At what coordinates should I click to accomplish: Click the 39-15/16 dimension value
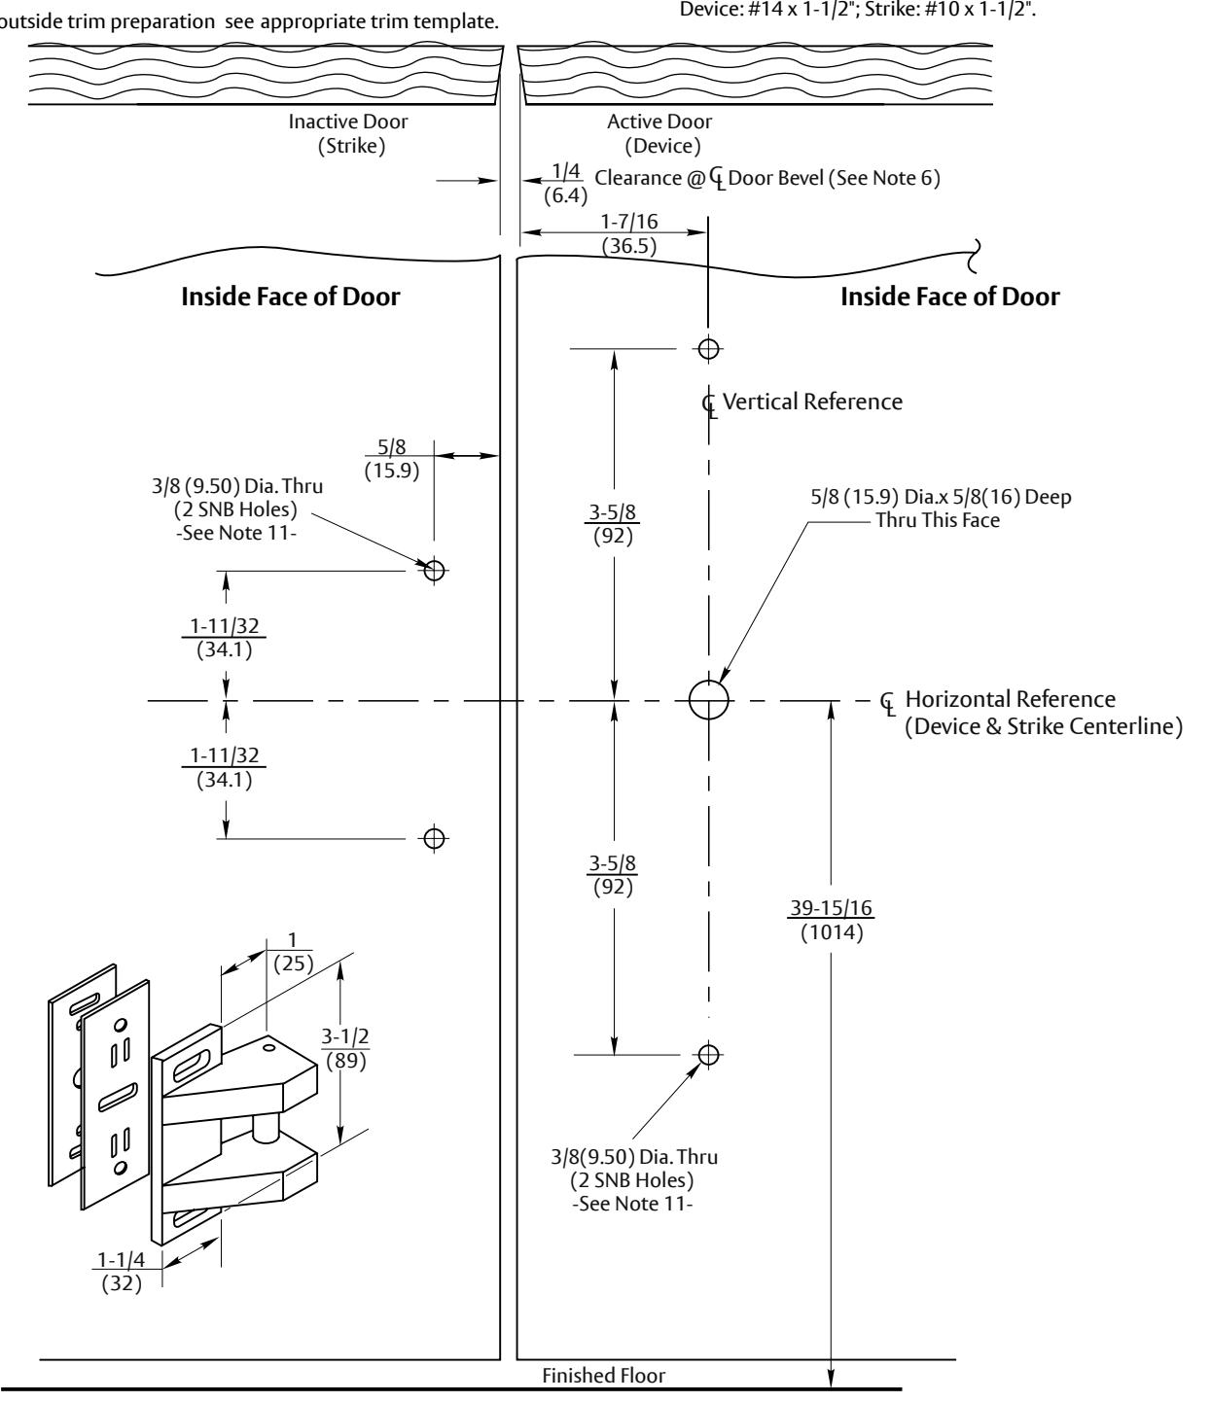[831, 907]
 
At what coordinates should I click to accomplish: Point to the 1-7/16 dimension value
[629, 221]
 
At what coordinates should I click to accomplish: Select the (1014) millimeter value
[832, 932]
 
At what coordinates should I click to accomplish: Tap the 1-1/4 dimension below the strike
[121, 1259]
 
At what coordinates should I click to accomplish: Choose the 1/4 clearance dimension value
[566, 171]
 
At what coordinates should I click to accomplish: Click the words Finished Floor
[603, 1375]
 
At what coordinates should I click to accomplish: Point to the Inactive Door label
[348, 122]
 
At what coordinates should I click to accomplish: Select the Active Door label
[659, 122]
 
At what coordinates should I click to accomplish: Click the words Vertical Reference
[812, 402]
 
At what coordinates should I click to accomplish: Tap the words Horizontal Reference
[1011, 699]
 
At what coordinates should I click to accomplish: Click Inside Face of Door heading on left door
[291, 297]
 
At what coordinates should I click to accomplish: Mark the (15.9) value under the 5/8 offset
[391, 470]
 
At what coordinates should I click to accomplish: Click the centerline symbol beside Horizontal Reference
[887, 703]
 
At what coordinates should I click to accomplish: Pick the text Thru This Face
[938, 520]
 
